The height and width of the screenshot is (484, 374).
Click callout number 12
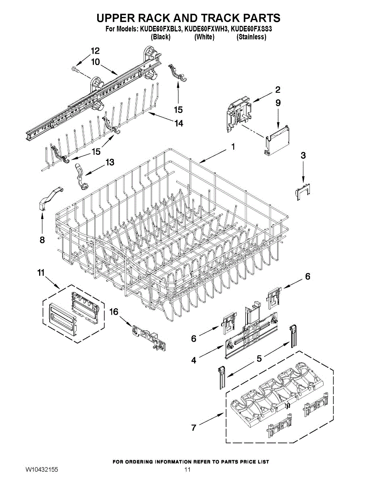pos(95,51)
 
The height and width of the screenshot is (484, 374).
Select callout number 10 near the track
pos(95,62)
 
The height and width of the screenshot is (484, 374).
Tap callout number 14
pos(179,123)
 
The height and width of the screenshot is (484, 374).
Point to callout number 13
pos(110,162)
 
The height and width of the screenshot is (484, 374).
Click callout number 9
pos(278,103)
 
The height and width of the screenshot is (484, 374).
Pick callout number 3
pos(303,155)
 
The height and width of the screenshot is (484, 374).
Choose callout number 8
pos(42,240)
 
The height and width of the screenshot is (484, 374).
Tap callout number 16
pos(114,312)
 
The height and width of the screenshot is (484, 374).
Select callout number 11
pos(40,273)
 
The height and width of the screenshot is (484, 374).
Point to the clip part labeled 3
pos(302,191)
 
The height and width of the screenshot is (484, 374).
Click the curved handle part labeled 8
pos(52,196)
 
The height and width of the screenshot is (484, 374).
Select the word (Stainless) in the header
pos(251,37)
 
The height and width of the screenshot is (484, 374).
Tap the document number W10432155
pos(42,470)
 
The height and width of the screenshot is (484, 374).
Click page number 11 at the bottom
pos(187,470)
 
